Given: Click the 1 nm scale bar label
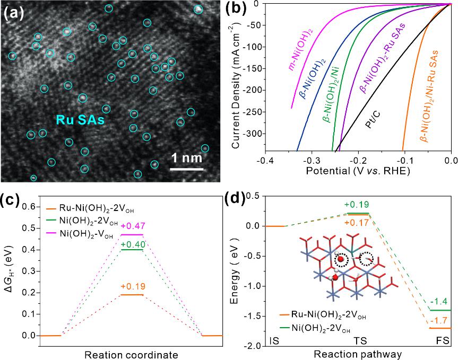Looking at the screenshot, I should pos(188,157).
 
